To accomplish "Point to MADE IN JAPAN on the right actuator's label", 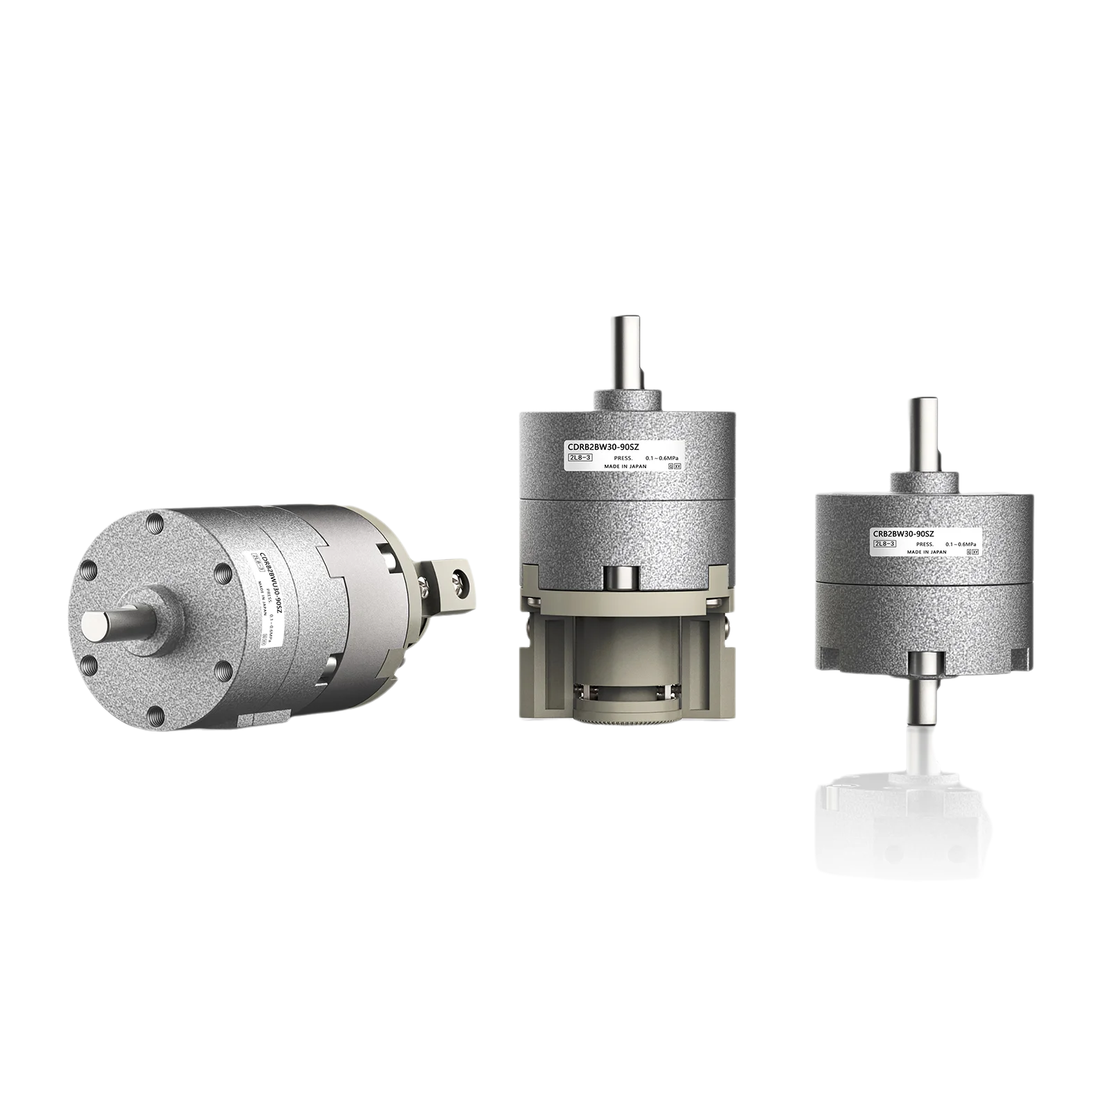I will [x=926, y=552].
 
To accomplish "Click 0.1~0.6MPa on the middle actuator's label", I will [x=662, y=458].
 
